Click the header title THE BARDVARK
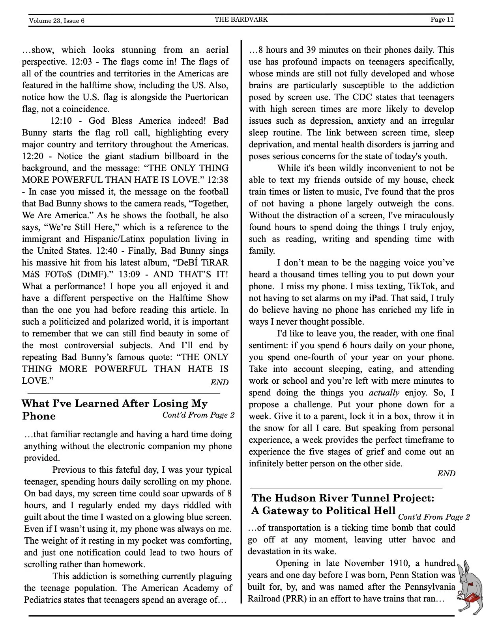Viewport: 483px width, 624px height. click(241, 19)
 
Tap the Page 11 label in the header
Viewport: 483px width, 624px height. click(442, 19)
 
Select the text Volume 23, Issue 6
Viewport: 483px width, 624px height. click(56, 20)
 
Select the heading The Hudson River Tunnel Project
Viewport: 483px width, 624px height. click(343, 498)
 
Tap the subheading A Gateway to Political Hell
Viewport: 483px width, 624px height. click(323, 511)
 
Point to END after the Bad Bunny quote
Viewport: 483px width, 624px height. click(219, 382)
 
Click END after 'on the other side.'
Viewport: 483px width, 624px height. click(446, 474)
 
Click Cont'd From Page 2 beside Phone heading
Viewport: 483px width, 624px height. click(198, 415)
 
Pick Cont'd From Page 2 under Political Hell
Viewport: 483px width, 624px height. click(434, 517)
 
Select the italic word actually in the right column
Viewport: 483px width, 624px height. click(384, 393)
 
